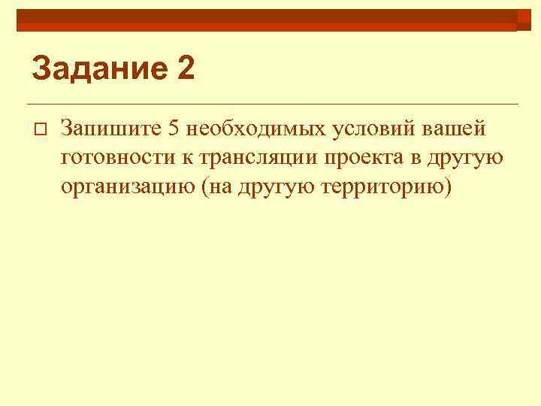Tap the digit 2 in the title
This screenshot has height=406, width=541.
(186, 70)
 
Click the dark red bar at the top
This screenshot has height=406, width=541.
(270, 17)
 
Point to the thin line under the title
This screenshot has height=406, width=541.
(270, 103)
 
